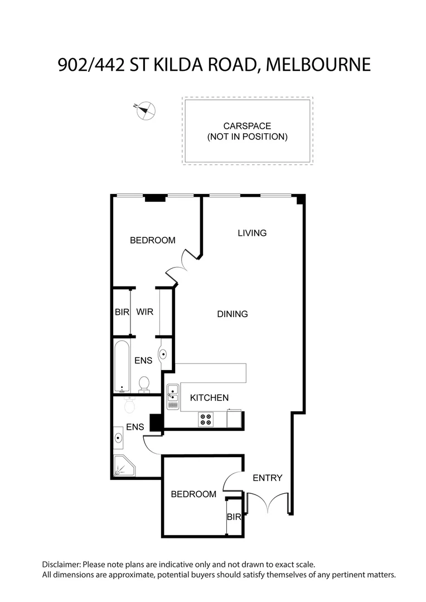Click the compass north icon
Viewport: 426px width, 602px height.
146,110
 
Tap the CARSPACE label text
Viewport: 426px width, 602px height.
247,126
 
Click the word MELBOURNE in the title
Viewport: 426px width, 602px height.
318,65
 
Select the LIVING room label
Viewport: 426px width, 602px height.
252,233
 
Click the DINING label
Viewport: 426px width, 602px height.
233,314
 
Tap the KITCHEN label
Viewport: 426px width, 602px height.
209,398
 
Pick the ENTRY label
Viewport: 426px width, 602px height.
268,478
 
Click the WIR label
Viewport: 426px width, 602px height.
145,312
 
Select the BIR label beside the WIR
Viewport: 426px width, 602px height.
122,312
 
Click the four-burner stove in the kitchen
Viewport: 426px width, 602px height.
205,419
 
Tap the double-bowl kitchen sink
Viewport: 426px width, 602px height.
172,397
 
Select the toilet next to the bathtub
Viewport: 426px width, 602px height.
144,385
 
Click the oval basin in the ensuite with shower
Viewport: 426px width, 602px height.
118,438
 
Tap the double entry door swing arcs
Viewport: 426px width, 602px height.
268,503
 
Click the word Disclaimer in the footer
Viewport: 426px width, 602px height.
61,565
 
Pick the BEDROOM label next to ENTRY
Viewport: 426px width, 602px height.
193,494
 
